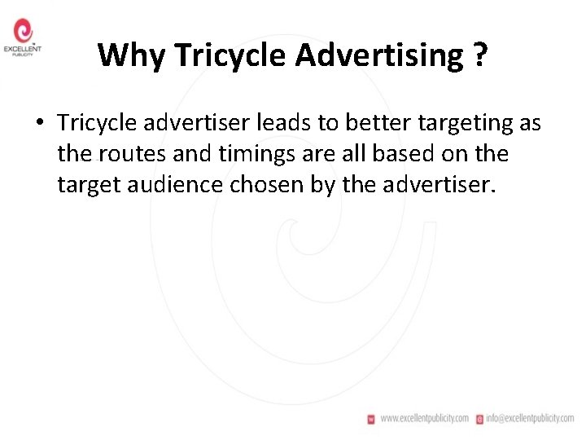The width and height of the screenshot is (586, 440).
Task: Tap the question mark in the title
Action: click(x=479, y=55)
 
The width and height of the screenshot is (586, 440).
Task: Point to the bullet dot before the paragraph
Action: click(x=39, y=123)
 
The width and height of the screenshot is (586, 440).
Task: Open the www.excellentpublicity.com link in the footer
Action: click(x=424, y=418)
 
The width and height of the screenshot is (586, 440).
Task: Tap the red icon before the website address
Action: click(x=372, y=418)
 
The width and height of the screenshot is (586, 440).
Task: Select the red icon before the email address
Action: click(x=480, y=418)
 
